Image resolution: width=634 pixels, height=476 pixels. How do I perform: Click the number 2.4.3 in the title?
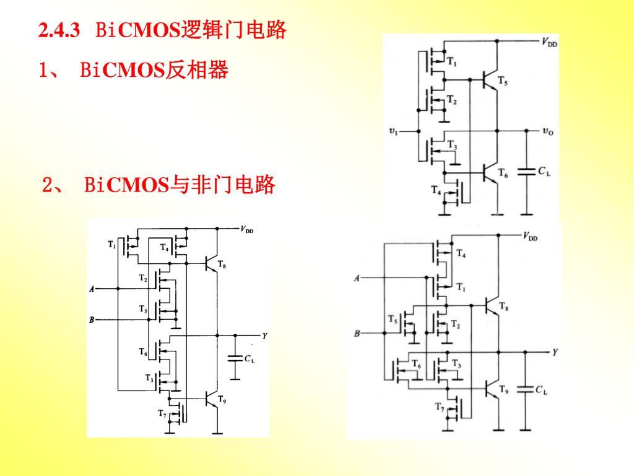click(x=59, y=30)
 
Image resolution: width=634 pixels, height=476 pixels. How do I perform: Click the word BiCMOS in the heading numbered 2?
click(x=126, y=185)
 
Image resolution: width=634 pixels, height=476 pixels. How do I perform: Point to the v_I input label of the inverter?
click(x=393, y=131)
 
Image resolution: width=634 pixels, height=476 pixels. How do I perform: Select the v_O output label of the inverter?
click(x=547, y=131)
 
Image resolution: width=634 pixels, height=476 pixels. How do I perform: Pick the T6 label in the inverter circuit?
click(x=502, y=174)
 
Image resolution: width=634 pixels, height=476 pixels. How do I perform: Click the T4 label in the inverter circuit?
click(x=436, y=190)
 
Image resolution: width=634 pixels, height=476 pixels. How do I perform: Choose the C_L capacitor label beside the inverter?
click(x=544, y=171)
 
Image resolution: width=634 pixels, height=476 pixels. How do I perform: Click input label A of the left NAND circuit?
click(x=92, y=289)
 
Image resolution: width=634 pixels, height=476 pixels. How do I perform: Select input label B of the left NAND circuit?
click(x=92, y=320)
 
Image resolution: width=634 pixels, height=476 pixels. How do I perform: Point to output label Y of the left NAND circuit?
click(x=264, y=336)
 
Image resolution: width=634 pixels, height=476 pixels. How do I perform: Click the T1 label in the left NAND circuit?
click(x=111, y=245)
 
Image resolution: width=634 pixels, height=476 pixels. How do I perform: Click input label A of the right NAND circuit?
click(x=357, y=278)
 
